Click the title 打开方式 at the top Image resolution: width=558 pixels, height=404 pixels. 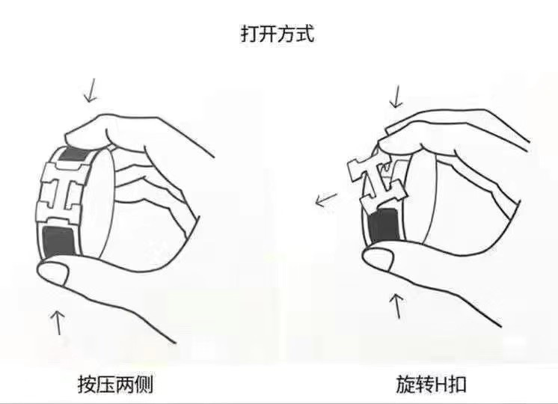click(x=278, y=34)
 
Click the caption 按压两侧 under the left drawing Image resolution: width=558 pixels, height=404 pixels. click(x=115, y=384)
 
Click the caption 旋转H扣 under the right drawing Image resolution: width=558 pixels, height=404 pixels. click(x=432, y=384)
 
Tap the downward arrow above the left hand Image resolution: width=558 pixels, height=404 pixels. click(x=91, y=91)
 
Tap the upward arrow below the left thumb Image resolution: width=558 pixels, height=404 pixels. click(x=58, y=322)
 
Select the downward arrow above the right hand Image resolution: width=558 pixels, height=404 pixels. click(x=396, y=96)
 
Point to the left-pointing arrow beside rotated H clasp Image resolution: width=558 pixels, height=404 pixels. click(x=326, y=199)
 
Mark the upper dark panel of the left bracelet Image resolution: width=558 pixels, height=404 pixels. click(x=76, y=155)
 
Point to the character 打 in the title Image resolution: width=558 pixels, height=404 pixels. click(x=250, y=34)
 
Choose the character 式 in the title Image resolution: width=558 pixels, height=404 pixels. click(x=305, y=34)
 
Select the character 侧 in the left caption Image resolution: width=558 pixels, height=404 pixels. click(x=144, y=385)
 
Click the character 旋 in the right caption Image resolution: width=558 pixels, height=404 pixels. click(x=405, y=384)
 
